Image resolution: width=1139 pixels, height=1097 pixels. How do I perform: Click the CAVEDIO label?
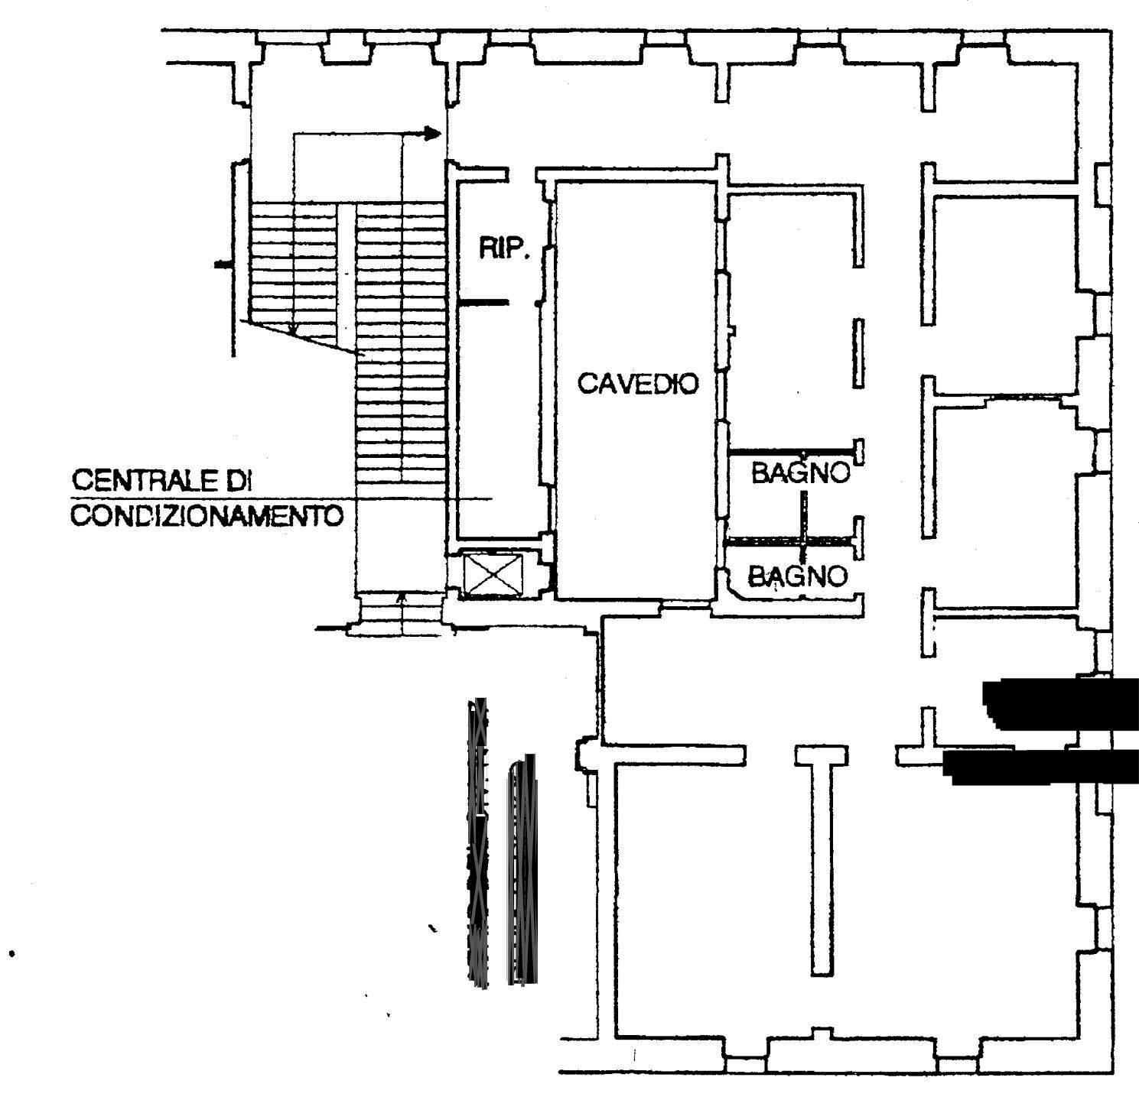pos(637,383)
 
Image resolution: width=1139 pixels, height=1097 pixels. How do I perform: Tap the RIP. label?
pos(504,250)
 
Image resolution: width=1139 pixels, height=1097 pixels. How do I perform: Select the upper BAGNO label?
pos(800,473)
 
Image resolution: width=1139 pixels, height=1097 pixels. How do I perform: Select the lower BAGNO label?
pos(799,575)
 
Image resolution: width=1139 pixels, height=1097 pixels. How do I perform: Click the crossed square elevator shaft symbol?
pos(493,574)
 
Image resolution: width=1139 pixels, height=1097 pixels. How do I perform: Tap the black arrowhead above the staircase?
pos(433,134)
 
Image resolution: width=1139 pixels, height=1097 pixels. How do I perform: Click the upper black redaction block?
pos(1059,703)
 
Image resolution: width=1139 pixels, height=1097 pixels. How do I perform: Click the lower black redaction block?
pos(1040,767)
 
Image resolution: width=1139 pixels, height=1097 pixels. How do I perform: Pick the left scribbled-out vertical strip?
pos(479,841)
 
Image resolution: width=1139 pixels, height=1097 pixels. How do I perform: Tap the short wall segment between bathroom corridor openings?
pos(858,352)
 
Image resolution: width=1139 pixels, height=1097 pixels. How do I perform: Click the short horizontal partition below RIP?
pos(483,303)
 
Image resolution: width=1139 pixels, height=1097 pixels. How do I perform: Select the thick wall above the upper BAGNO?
pos(789,451)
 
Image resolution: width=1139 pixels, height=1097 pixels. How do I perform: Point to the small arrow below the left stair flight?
pos(293,329)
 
